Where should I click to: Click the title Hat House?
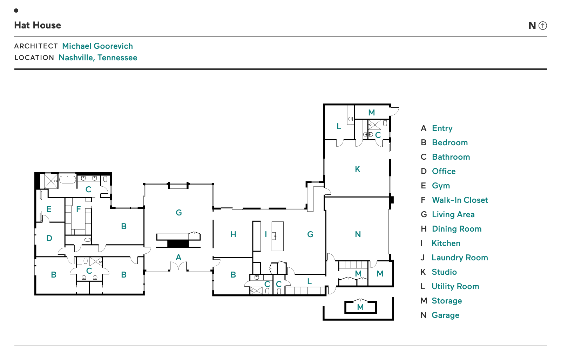click(x=38, y=25)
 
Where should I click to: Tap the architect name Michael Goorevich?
click(x=97, y=46)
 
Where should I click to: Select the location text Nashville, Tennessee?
click(x=98, y=58)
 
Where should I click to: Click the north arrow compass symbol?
click(x=543, y=26)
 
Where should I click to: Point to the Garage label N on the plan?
click(x=358, y=234)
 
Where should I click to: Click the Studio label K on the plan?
click(x=358, y=169)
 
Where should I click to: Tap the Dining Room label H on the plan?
click(x=234, y=234)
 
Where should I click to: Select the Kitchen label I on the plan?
click(x=266, y=234)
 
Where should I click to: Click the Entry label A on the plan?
click(x=178, y=257)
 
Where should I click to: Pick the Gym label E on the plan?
click(x=49, y=209)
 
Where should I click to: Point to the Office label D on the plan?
click(x=49, y=238)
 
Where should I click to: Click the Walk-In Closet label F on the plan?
click(x=79, y=209)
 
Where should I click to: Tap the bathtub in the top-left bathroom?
click(x=68, y=180)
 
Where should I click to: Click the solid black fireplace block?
click(x=178, y=244)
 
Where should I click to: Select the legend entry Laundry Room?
click(x=460, y=258)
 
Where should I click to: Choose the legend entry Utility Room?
click(x=455, y=287)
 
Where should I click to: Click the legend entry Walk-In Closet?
click(x=460, y=200)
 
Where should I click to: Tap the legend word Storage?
click(x=447, y=301)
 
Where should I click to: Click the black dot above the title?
click(x=16, y=11)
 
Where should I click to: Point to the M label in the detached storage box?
click(x=360, y=307)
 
